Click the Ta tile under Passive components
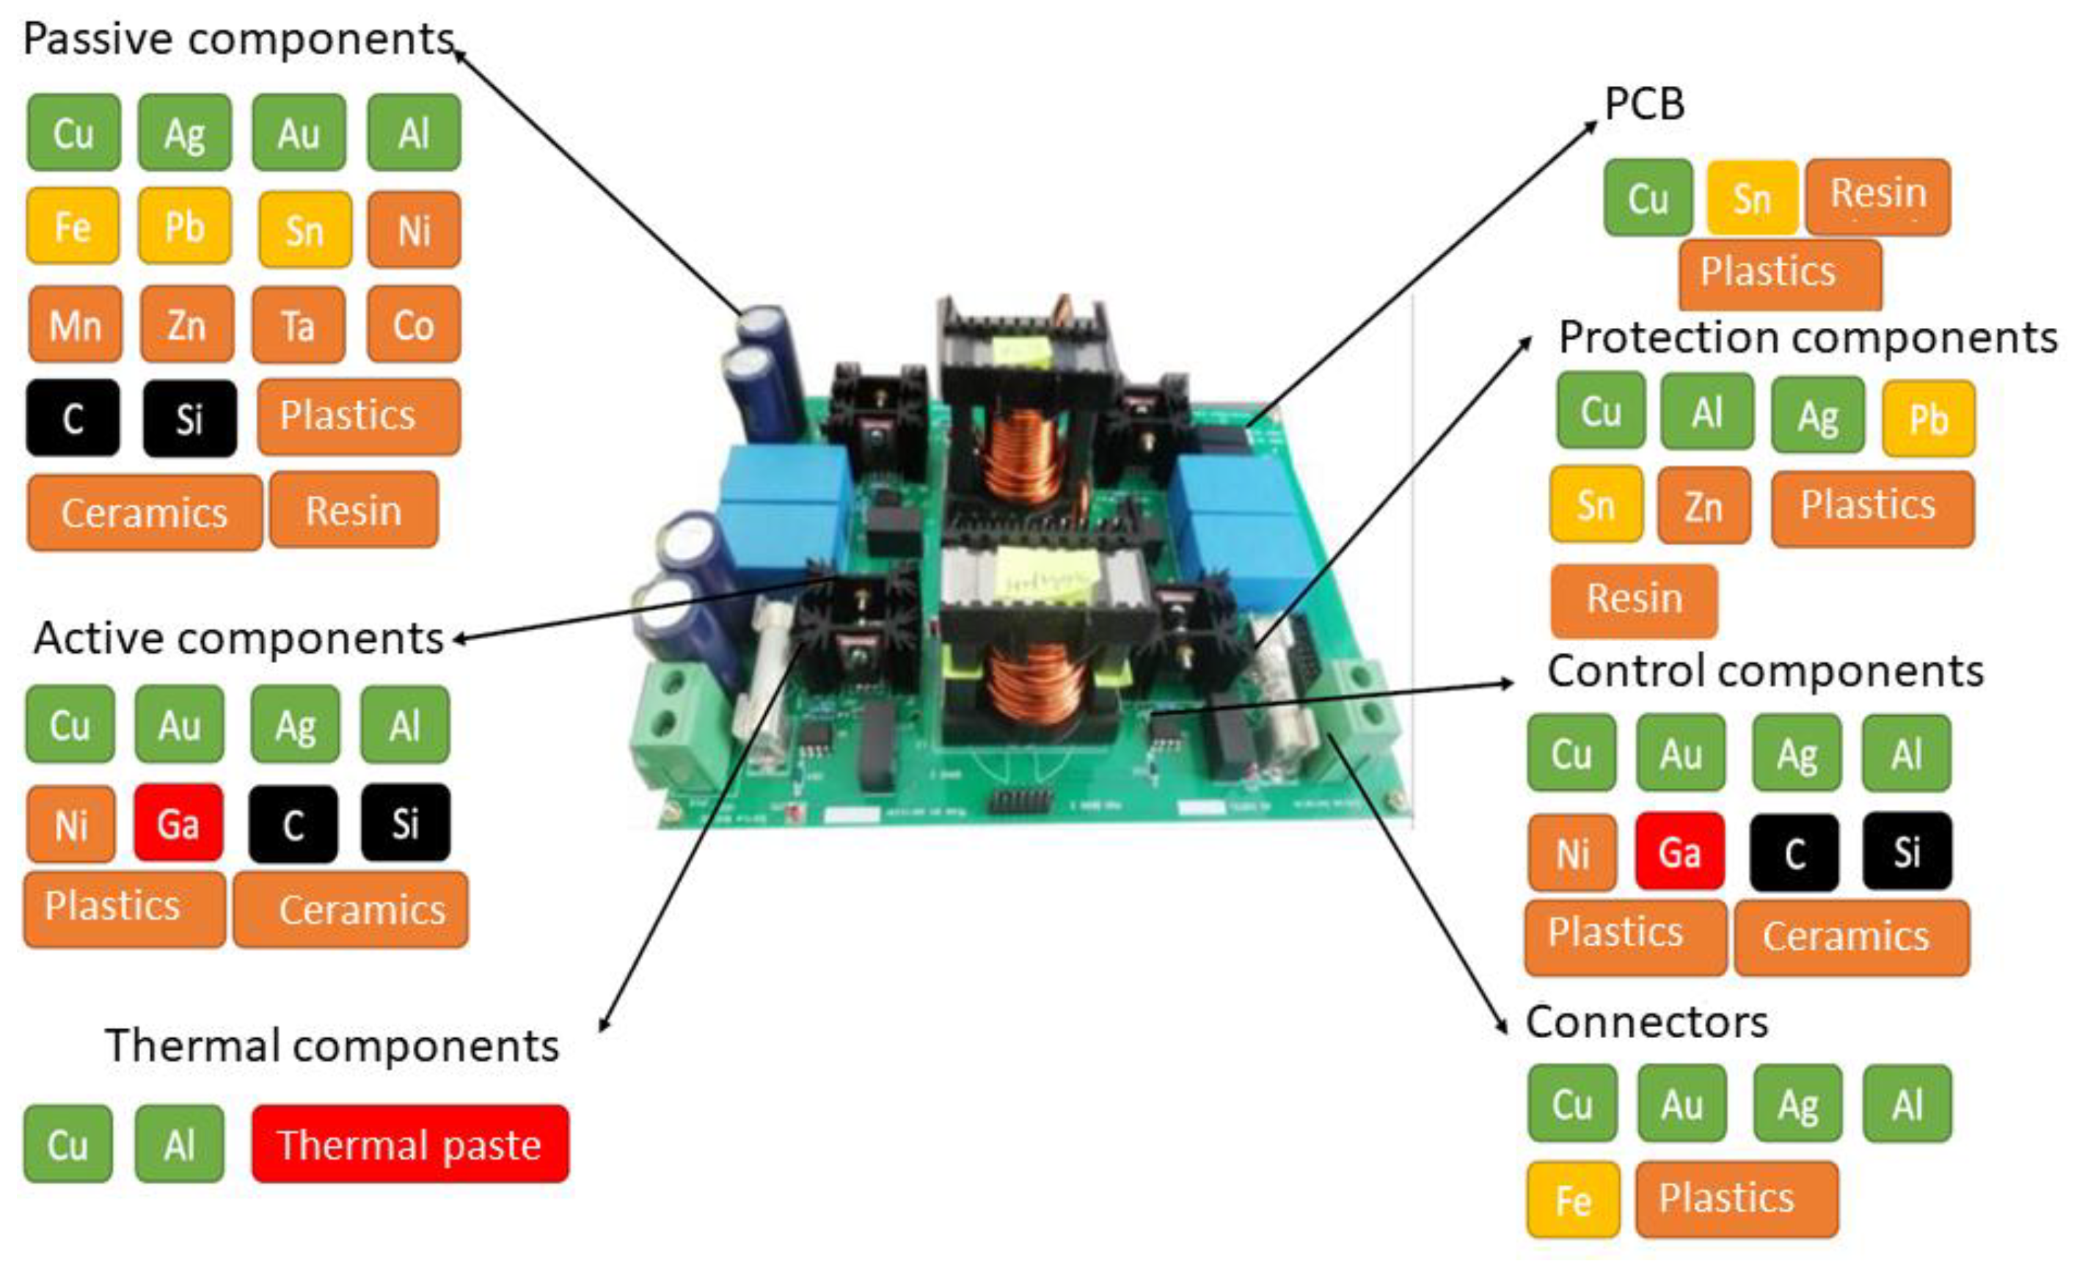(x=298, y=325)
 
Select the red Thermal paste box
(x=410, y=1144)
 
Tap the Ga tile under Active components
(x=178, y=823)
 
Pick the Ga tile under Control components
(x=1680, y=851)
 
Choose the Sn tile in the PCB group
(x=1753, y=199)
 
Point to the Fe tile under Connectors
(x=1572, y=1199)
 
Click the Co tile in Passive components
(x=413, y=325)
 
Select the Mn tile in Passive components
(x=75, y=325)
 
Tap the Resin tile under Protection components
(x=1634, y=599)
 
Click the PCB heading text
(x=1645, y=104)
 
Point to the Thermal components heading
(x=332, y=1046)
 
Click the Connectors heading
(x=1646, y=1023)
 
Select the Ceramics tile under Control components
(x=1852, y=937)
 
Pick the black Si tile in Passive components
(x=189, y=418)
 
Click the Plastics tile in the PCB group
(x=1779, y=273)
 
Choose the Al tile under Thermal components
(x=179, y=1144)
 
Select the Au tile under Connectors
(x=1682, y=1103)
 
